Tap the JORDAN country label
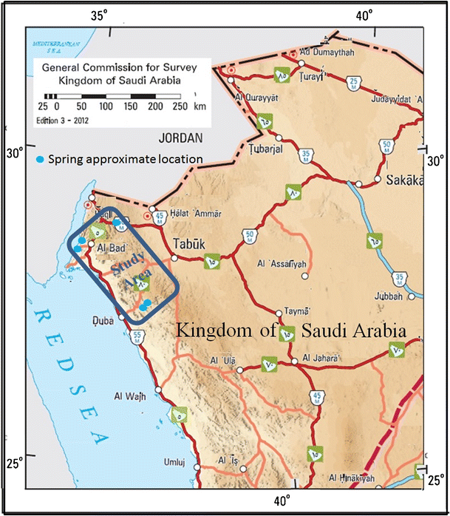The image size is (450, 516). pyautogui.click(x=179, y=136)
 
